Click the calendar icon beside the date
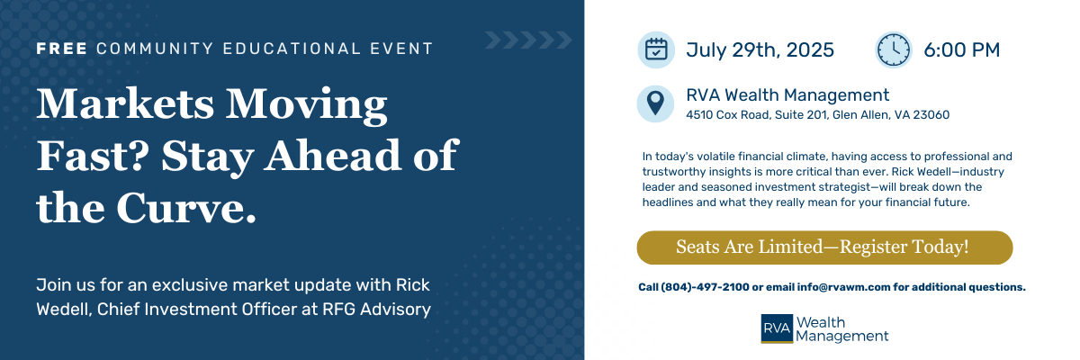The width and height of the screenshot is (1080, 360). pyautogui.click(x=656, y=49)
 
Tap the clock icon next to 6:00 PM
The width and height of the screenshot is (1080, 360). pyautogui.click(x=894, y=49)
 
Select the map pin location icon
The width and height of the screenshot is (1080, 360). pyautogui.click(x=655, y=103)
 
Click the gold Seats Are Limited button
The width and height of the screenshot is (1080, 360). pyautogui.click(x=824, y=247)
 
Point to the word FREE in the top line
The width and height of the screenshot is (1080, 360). pyautogui.click(x=62, y=49)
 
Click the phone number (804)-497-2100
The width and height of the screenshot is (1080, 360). pyautogui.click(x=705, y=287)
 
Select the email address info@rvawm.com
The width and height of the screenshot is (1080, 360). pyautogui.click(x=843, y=287)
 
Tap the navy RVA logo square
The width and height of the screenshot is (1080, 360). pyautogui.click(x=777, y=328)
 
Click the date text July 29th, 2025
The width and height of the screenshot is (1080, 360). pyautogui.click(x=760, y=50)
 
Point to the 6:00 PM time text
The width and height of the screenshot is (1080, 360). pyautogui.click(x=961, y=50)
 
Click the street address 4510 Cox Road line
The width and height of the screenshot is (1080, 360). pyautogui.click(x=818, y=114)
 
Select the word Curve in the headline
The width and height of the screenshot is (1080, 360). pyautogui.click(x=185, y=208)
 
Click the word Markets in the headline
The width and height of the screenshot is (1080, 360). pyautogui.click(x=125, y=103)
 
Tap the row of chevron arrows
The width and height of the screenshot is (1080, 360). pyautogui.click(x=528, y=40)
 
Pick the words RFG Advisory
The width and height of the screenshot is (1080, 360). pyautogui.click(x=376, y=310)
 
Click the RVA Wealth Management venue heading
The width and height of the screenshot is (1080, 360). pyautogui.click(x=787, y=94)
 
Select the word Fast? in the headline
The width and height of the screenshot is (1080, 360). pyautogui.click(x=93, y=156)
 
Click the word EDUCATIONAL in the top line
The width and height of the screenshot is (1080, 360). pyautogui.click(x=292, y=49)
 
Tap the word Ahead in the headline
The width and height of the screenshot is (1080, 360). pyautogui.click(x=332, y=155)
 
